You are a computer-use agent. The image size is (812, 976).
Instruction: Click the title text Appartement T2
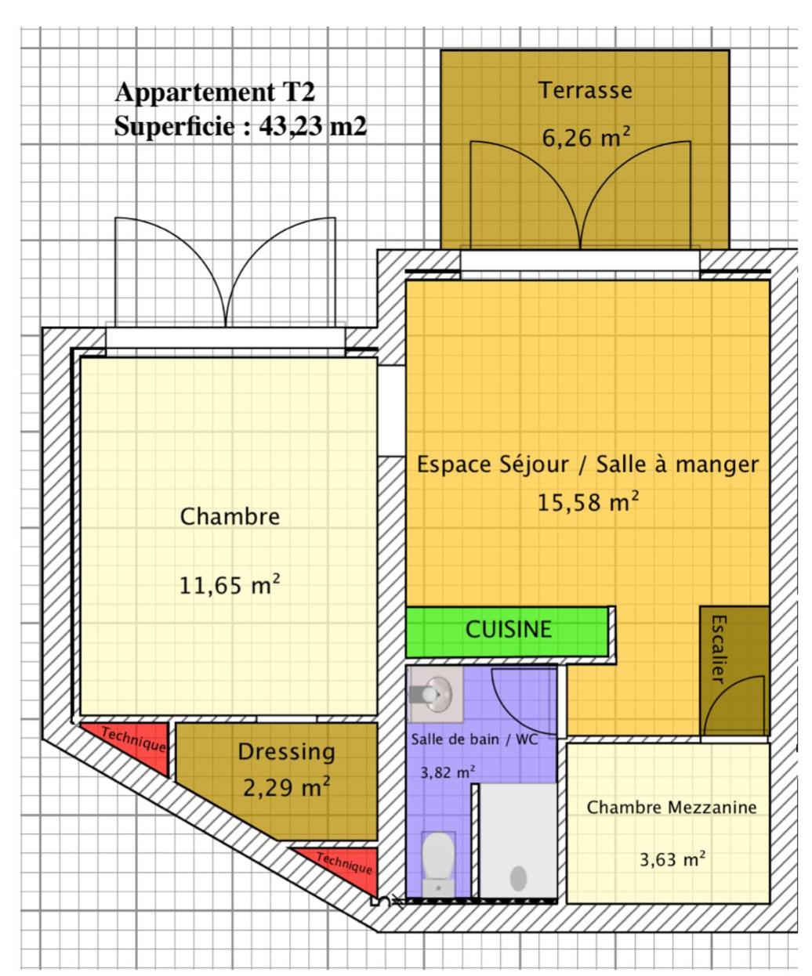[215, 92]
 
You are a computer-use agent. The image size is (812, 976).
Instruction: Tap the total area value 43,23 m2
[313, 126]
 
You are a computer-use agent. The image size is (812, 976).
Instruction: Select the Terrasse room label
[585, 90]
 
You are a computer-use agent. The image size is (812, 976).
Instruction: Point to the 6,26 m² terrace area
[586, 137]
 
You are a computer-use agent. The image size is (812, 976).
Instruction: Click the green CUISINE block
[507, 631]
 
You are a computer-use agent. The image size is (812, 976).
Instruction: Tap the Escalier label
[720, 649]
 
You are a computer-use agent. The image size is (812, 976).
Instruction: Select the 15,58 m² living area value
[588, 502]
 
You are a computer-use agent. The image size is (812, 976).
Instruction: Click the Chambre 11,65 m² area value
[230, 585]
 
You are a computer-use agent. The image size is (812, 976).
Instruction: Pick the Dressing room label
[286, 752]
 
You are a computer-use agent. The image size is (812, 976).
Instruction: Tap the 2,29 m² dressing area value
[286, 788]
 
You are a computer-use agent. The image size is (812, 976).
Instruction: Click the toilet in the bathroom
[438, 864]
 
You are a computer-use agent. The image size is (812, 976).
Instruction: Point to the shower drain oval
[518, 878]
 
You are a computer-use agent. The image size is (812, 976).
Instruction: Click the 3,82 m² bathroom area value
[448, 772]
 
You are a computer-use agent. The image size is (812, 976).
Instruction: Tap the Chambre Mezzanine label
[671, 808]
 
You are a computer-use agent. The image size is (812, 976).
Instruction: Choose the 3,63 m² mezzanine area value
[672, 859]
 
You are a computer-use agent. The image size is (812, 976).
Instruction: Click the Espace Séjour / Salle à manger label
[588, 465]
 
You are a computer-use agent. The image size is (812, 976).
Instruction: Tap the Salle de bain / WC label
[474, 739]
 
